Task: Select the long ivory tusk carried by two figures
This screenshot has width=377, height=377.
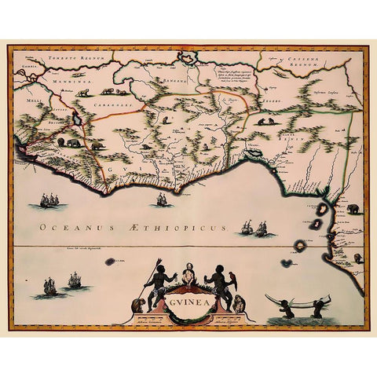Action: pyautogui.click(x=298, y=300)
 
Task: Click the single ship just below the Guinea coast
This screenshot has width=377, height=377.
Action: pyautogui.click(x=162, y=199)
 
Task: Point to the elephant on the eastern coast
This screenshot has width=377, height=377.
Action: pyautogui.click(x=353, y=209)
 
